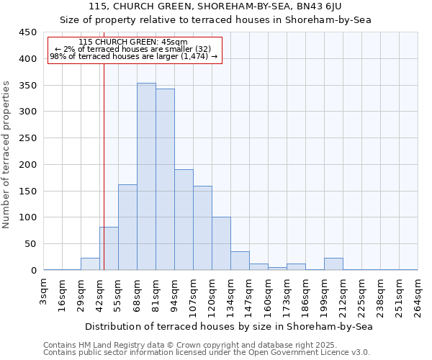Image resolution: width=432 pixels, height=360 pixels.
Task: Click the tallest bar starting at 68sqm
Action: pyautogui.click(x=146, y=176)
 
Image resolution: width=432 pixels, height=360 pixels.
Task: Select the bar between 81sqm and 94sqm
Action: pyautogui.click(x=165, y=179)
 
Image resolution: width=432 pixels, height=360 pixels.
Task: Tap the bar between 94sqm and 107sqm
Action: pyautogui.click(x=184, y=220)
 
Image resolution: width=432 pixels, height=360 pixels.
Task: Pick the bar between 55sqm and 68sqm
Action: pyautogui.click(x=127, y=228)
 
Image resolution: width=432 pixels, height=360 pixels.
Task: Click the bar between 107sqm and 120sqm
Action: pyautogui.click(x=202, y=228)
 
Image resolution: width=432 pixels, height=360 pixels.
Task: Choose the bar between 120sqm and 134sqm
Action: pyautogui.click(x=221, y=243)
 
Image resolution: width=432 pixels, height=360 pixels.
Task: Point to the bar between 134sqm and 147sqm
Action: pyautogui.click(x=240, y=261)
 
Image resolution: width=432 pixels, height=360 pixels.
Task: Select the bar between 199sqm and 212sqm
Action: pyautogui.click(x=333, y=264)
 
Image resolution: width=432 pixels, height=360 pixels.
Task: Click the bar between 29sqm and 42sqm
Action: pyautogui.click(x=90, y=264)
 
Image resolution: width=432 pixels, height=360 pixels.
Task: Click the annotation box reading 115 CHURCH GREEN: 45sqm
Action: pyautogui.click(x=134, y=50)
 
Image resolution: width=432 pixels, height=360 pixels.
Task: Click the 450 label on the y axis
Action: pyautogui.click(x=28, y=32)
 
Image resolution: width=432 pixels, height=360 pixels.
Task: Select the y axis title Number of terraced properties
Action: pyautogui.click(x=7, y=154)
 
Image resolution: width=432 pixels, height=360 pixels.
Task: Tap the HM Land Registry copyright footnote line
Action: pyautogui.click(x=206, y=345)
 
